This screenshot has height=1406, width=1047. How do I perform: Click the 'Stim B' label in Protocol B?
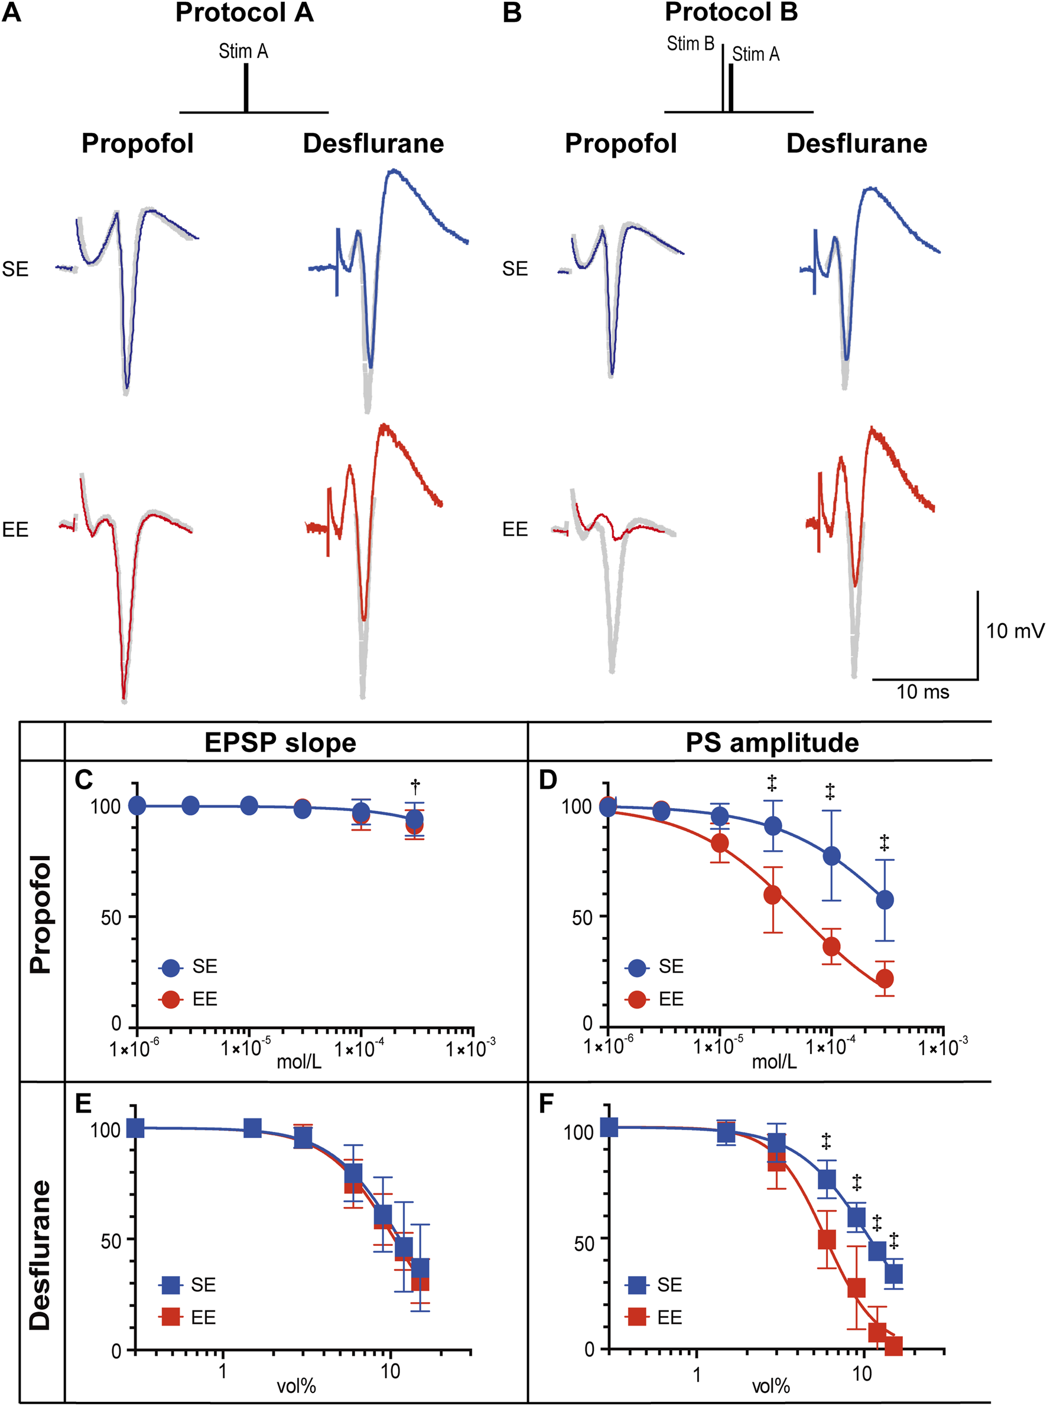pyautogui.click(x=690, y=44)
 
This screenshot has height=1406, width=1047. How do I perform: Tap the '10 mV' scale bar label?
pyautogui.click(x=1014, y=630)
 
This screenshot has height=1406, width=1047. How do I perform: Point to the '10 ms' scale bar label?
pyautogui.click(x=922, y=691)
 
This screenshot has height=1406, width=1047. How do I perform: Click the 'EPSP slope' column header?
pyautogui.click(x=280, y=742)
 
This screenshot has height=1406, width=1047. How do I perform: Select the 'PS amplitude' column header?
pyautogui.click(x=771, y=742)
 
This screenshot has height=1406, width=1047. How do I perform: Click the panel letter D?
pyautogui.click(x=548, y=780)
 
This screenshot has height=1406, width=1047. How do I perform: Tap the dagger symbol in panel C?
pyautogui.click(x=415, y=787)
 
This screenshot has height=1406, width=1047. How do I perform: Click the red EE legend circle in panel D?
pyautogui.click(x=636, y=999)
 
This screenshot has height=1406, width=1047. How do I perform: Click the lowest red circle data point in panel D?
pyautogui.click(x=885, y=979)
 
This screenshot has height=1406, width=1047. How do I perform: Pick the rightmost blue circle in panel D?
pyautogui.click(x=885, y=900)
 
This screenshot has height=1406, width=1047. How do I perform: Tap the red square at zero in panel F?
pyautogui.click(x=893, y=1346)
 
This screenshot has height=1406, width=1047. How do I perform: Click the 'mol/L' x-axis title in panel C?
pyautogui.click(x=299, y=1062)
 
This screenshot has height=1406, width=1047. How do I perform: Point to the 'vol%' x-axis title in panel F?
pyautogui.click(x=770, y=1387)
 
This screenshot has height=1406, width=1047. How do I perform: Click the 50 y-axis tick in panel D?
pyautogui.click(x=582, y=917)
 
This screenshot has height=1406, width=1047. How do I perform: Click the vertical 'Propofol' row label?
pyautogui.click(x=40, y=914)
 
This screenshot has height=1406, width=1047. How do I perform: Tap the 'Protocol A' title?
pyautogui.click(x=244, y=12)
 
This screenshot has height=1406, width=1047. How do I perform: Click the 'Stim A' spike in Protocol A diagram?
pyautogui.click(x=246, y=87)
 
